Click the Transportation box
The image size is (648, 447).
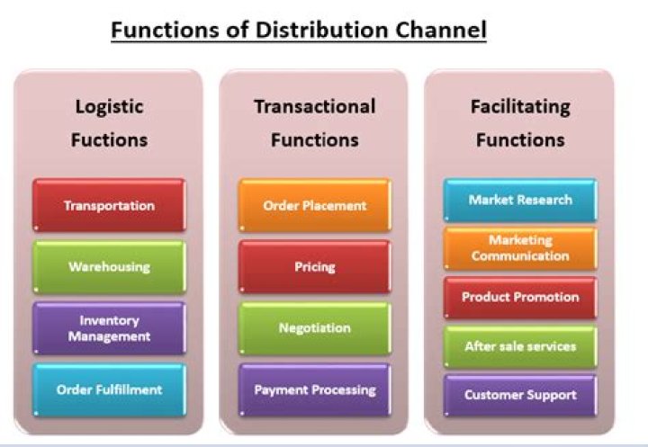pos(109,205)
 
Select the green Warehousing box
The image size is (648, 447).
pos(109,266)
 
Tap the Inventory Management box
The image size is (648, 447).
pos(109,328)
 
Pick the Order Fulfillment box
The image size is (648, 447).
pos(109,389)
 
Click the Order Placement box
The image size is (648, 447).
pos(314,205)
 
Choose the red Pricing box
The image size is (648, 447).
pos(314,266)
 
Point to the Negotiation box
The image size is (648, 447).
pos(314,328)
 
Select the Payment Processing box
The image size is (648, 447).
pos(314,389)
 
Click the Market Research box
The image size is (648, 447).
pos(520,200)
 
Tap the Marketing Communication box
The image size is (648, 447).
pos(520,248)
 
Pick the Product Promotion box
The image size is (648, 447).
pos(520,297)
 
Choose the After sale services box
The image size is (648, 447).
pos(520,346)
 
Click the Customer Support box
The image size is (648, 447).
pos(520,395)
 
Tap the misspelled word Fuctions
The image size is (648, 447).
pos(109,140)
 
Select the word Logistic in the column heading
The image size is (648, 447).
pos(109,106)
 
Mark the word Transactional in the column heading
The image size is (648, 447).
pos(314,106)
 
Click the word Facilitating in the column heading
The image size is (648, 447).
pos(520,106)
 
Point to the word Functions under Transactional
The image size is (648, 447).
pos(314,140)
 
